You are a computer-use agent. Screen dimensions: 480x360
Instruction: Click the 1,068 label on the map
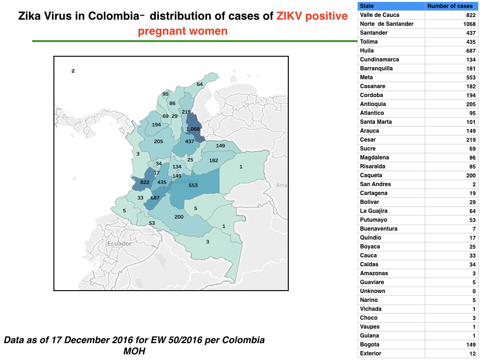point(193,129)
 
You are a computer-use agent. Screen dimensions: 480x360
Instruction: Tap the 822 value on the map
point(145,182)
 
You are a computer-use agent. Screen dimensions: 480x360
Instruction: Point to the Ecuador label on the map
point(119,244)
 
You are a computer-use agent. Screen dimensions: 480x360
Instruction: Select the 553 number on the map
point(193,185)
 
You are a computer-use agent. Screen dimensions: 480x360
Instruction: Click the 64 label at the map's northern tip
point(200,84)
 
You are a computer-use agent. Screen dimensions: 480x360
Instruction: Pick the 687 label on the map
point(155,198)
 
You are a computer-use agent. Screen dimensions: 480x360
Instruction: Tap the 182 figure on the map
point(214,160)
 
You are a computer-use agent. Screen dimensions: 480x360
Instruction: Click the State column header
point(367,6)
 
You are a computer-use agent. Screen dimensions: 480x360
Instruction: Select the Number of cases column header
point(450,6)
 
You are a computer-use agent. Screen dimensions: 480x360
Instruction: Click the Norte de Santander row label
point(387,24)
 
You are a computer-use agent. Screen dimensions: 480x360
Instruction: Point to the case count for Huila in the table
point(471,51)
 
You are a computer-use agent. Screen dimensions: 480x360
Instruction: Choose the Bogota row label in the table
point(369,345)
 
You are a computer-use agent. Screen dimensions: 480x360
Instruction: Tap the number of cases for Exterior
point(472,353)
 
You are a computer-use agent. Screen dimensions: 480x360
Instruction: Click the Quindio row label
point(370,238)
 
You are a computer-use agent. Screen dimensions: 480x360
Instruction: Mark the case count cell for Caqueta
point(471,175)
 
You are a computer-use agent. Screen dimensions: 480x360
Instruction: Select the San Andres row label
point(375,184)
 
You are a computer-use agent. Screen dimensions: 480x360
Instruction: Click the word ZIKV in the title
point(289,16)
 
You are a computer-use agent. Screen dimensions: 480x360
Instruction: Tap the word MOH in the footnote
point(134,351)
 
